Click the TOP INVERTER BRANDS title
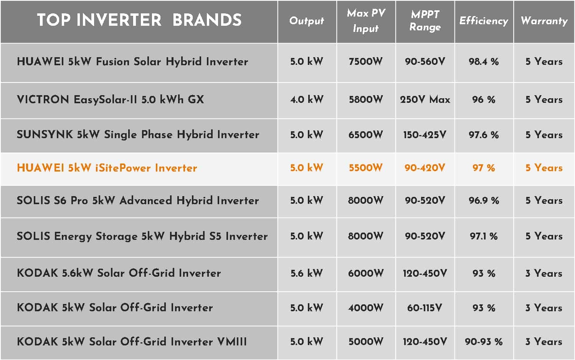139,20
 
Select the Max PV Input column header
366,20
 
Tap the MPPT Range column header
425,20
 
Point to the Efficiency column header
484,21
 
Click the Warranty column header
544,21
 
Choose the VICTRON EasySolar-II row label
111,99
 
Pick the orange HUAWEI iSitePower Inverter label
107,168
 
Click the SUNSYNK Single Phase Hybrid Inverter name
138,135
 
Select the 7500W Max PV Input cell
366,61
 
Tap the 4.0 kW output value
307,99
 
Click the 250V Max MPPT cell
425,99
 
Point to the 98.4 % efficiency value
484,61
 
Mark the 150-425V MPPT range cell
425,135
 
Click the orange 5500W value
366,168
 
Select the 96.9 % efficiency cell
484,200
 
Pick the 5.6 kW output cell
307,273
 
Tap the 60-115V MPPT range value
425,308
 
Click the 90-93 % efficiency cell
484,342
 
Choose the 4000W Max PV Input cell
366,308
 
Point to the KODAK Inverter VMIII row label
132,342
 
